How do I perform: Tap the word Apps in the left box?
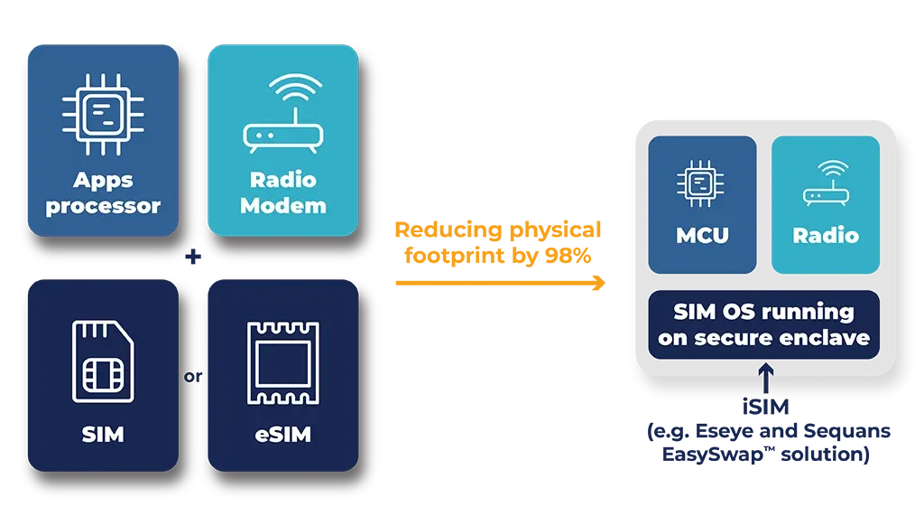(x=103, y=181)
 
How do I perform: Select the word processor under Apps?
(x=103, y=206)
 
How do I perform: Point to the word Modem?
(x=283, y=206)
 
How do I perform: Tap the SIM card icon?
(x=103, y=361)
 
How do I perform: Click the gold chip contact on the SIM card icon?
(x=102, y=375)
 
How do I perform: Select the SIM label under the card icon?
(x=103, y=435)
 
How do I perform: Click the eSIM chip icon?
(x=282, y=361)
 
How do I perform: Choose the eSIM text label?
(x=282, y=435)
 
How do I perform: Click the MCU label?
(x=702, y=236)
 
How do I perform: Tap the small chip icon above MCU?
(x=702, y=182)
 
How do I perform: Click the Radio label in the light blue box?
(x=825, y=236)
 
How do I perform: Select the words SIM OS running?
(x=763, y=312)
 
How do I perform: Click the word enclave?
(x=827, y=338)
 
